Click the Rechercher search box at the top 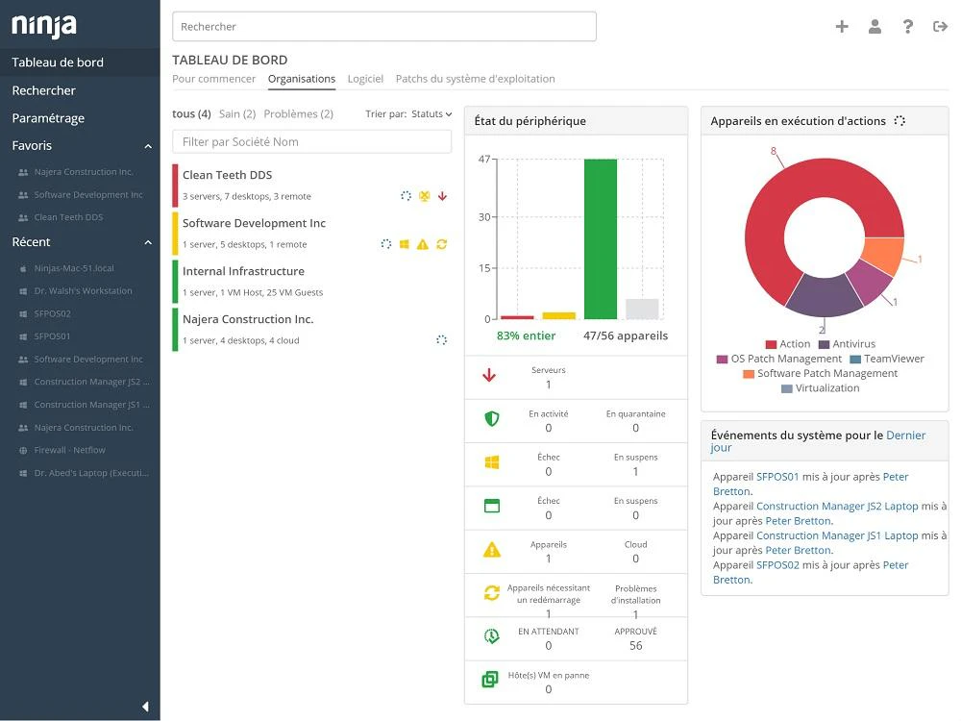[384, 26]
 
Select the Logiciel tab [365, 79]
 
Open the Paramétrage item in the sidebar [48, 117]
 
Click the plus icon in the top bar [842, 26]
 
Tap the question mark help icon [908, 26]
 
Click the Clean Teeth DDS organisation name [228, 175]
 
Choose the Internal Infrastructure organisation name [243, 271]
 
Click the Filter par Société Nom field [312, 141]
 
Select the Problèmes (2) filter [299, 114]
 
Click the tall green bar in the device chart [601, 239]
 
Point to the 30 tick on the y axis [484, 217]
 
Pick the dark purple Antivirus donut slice [824, 297]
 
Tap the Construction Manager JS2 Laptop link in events [837, 506]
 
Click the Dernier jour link [818, 441]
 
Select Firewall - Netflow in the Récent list [69, 450]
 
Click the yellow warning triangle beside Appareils [492, 550]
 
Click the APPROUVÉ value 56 [635, 646]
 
